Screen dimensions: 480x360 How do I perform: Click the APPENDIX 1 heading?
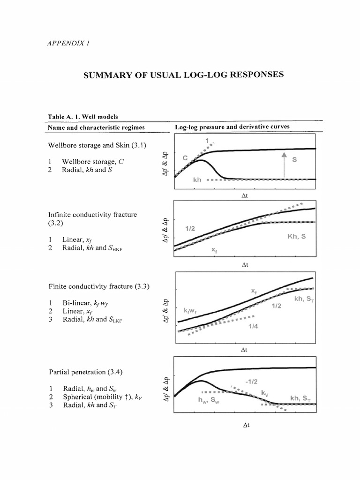pyautogui.click(x=68, y=43)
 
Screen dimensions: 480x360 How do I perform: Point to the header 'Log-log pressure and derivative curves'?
pyautogui.click(x=232, y=127)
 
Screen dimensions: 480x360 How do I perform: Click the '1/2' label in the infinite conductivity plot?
pyautogui.click(x=190, y=228)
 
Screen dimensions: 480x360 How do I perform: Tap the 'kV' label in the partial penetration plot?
pyautogui.click(x=265, y=391)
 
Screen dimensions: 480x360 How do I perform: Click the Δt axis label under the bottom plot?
pyautogui.click(x=245, y=441)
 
